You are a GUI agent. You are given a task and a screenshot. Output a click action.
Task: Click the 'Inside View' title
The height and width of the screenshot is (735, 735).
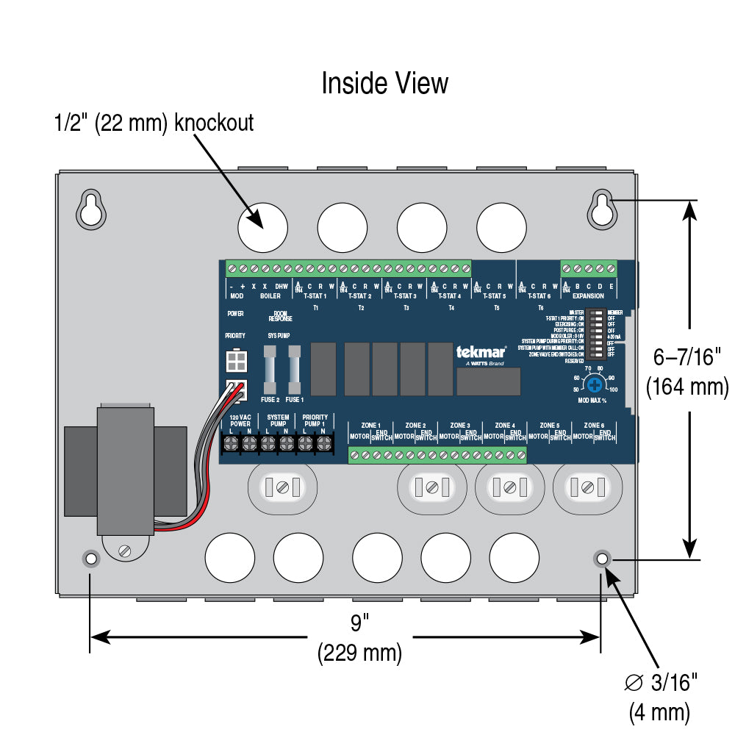coord(384,83)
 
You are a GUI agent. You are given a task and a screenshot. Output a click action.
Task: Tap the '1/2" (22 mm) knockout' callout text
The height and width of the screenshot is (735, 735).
coord(154,123)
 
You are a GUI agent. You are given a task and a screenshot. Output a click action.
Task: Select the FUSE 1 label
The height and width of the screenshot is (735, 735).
coord(294,400)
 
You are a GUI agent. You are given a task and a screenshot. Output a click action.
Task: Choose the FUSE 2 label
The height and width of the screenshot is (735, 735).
coord(270,400)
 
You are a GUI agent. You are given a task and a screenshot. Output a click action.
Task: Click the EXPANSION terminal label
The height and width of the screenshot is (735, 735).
coord(588,295)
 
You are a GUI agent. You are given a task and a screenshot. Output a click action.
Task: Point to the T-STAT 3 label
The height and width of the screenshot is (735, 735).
coord(405,295)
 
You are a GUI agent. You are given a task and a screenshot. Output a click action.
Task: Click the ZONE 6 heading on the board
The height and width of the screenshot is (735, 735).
coord(594,425)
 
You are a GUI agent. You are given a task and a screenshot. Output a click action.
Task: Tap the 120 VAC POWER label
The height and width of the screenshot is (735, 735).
coord(240,420)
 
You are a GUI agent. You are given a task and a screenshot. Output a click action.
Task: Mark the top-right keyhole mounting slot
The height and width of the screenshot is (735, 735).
coord(602,209)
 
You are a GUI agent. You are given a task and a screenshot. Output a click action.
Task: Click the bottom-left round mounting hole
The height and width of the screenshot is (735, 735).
coord(90,559)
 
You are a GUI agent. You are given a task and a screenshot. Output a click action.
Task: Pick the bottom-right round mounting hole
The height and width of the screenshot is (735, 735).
coord(602,559)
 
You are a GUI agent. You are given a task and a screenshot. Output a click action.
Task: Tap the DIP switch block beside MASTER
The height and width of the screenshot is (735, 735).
coord(598,333)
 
